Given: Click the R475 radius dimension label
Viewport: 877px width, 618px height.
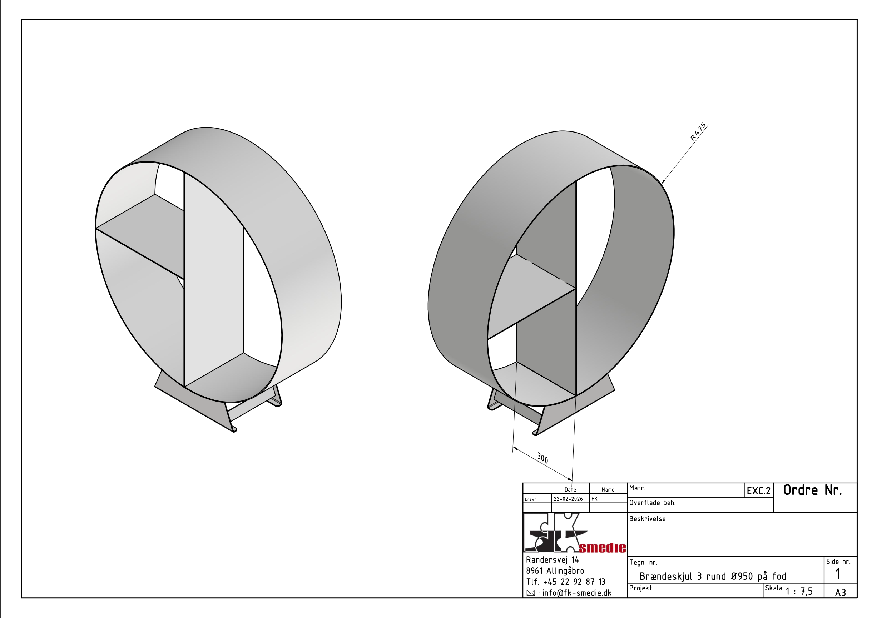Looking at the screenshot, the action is click(x=698, y=132).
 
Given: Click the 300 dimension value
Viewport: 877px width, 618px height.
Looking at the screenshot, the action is click(x=542, y=458).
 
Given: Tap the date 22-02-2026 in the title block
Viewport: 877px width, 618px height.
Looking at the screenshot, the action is click(x=568, y=499).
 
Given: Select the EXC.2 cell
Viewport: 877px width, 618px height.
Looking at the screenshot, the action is click(x=759, y=491).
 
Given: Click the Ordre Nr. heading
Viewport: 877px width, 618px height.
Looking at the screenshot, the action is click(x=812, y=490).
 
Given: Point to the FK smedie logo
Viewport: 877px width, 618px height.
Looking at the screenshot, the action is click(x=574, y=533).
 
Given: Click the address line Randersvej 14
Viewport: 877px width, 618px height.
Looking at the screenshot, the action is click(x=553, y=560).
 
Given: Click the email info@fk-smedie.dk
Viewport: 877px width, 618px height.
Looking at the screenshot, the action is click(x=577, y=593).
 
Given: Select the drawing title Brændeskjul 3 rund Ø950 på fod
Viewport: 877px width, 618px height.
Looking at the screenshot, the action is click(x=713, y=577).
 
